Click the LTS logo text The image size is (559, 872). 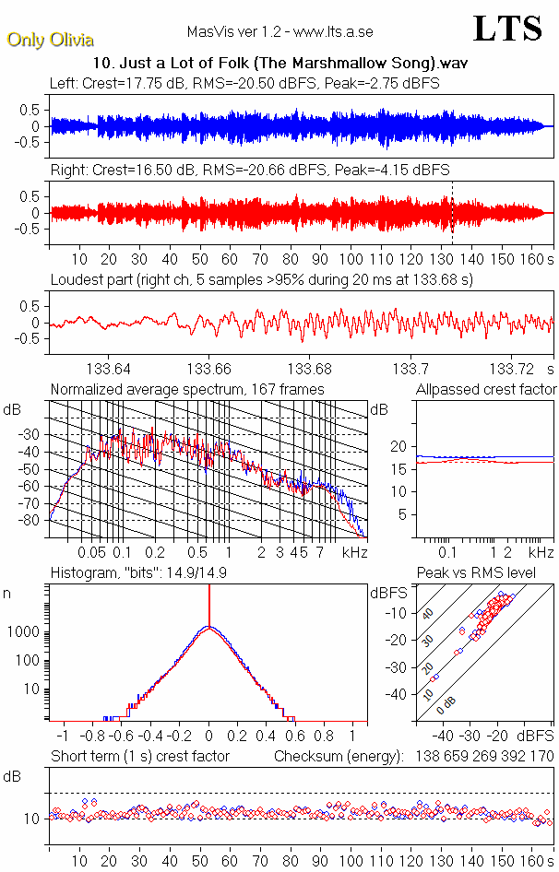pos(507,29)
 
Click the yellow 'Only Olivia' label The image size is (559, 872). pos(50,40)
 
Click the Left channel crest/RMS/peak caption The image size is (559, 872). pos(244,83)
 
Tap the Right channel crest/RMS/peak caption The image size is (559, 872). pos(249,171)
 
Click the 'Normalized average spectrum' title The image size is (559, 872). pos(187,390)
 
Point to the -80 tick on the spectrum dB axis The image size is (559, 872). pos(32,520)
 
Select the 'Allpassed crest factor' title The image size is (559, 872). pos(486,390)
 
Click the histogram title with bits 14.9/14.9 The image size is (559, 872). pos(156,574)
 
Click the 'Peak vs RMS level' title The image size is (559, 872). pos(489,574)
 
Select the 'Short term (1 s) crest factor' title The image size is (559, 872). pos(140,757)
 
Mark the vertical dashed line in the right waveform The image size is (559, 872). pos(452,212)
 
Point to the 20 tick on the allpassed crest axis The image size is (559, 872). pos(399,446)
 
